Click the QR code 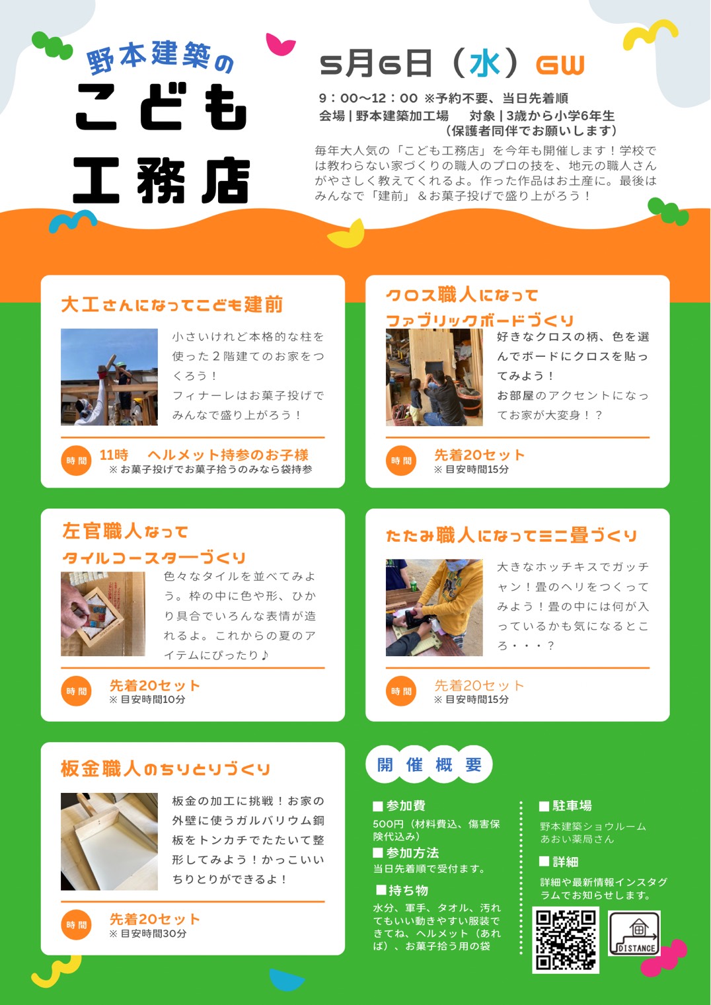click(x=566, y=940)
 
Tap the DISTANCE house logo click(x=634, y=933)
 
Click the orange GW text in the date click(x=560, y=65)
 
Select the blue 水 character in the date click(x=485, y=64)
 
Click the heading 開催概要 click(x=429, y=765)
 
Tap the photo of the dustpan click(x=109, y=842)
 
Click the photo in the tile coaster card click(x=102, y=614)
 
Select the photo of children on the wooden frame click(x=109, y=377)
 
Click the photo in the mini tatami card click(x=434, y=607)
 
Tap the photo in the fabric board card click(x=434, y=377)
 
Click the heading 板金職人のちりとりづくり click(x=166, y=769)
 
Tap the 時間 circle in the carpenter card click(x=76, y=461)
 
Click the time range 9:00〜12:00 click(x=368, y=98)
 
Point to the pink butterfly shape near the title click(x=280, y=44)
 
